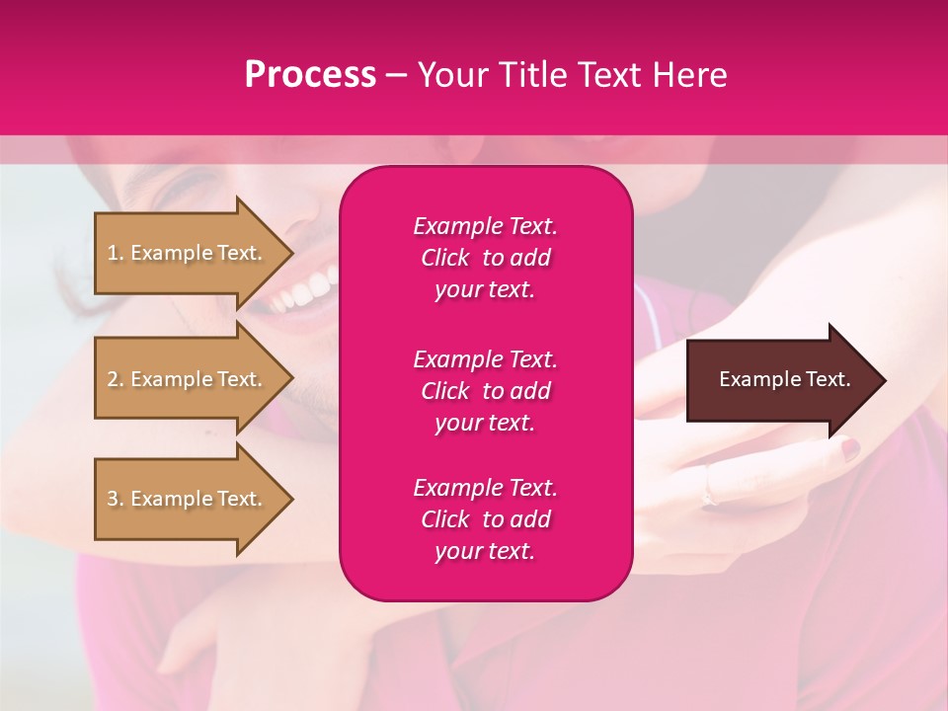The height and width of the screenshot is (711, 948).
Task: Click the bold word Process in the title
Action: click(310, 75)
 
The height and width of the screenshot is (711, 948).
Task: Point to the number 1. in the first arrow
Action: click(116, 253)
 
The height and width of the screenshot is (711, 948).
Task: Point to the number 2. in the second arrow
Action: click(116, 379)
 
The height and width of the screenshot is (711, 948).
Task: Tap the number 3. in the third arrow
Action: click(116, 499)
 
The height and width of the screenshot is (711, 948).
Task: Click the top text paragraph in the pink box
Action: click(485, 258)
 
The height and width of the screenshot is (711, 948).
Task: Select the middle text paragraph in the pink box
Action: click(485, 391)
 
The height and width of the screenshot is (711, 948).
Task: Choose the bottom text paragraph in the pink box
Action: click(485, 519)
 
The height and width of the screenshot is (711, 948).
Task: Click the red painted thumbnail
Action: click(849, 449)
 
